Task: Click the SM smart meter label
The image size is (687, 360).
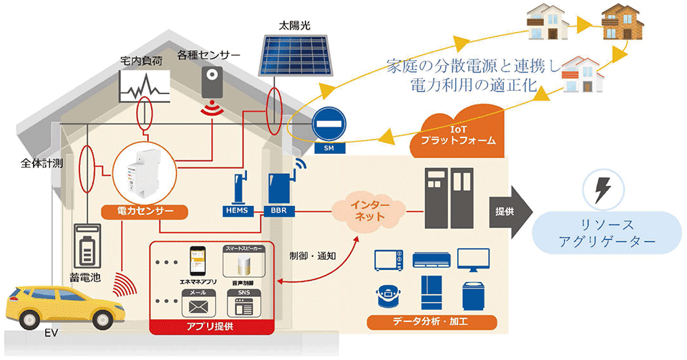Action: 328,149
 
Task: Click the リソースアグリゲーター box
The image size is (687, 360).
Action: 606,233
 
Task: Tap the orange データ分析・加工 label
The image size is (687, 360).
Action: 427,321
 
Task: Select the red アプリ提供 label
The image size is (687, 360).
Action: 212,327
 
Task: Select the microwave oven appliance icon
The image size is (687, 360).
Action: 389,261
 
